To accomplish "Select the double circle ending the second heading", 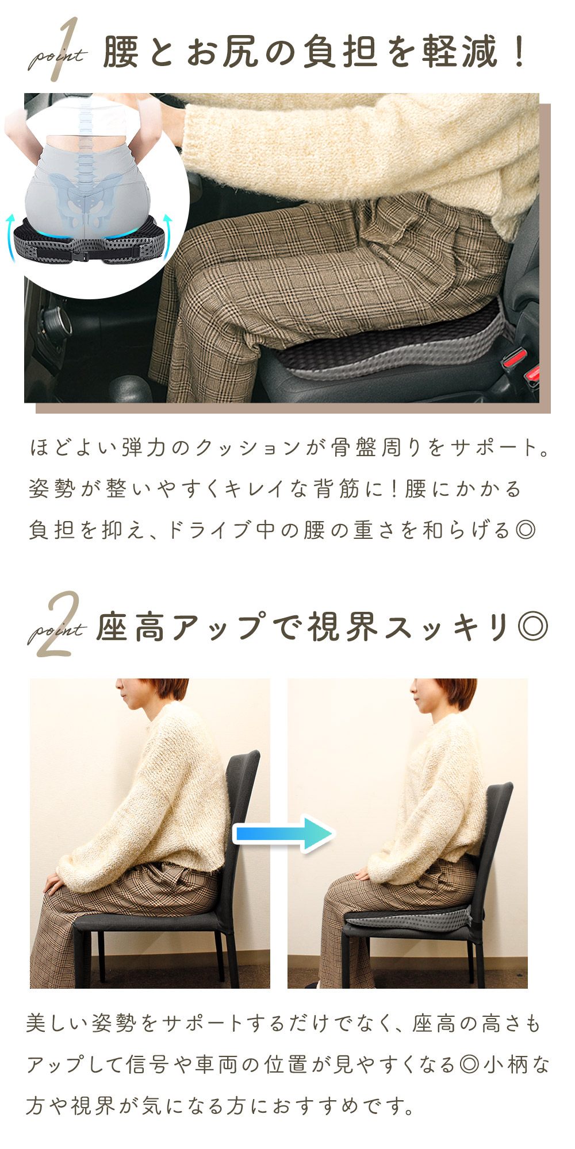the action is coord(532,627).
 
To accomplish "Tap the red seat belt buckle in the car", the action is coord(519,367).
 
